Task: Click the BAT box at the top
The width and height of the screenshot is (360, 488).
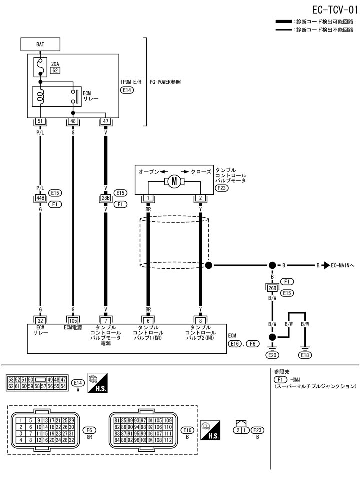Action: point(40,45)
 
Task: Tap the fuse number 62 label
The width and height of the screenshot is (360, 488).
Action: point(55,71)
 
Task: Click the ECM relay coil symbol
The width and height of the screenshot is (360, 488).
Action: point(41,96)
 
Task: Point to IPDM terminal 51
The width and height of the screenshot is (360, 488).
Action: point(40,121)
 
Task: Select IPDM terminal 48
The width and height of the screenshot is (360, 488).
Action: point(73,121)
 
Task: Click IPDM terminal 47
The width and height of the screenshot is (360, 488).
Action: point(105,121)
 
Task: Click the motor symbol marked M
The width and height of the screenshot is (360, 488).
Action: point(174,181)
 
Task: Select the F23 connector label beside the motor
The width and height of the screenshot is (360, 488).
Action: point(221,188)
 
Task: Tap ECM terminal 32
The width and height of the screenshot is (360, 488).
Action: point(40,319)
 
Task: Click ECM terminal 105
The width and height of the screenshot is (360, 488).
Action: point(73,319)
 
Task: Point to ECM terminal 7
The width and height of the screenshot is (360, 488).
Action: point(105,319)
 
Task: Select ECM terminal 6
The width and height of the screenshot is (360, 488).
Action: point(148,319)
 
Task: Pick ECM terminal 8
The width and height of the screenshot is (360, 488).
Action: point(200,319)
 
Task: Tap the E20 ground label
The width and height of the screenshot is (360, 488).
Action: point(272,355)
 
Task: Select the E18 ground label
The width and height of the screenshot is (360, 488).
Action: point(304,355)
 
